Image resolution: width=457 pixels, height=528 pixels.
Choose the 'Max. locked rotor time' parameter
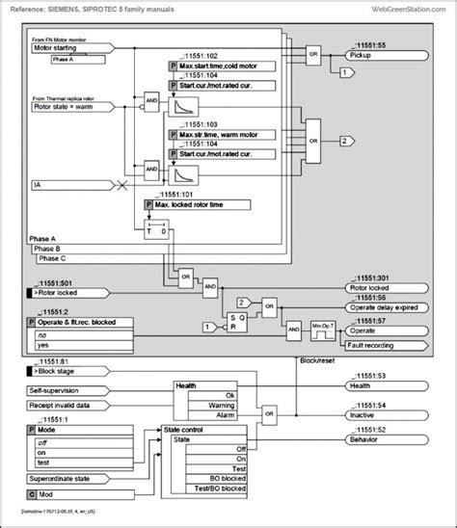click(x=198, y=205)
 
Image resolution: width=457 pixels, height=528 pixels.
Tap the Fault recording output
click(x=380, y=345)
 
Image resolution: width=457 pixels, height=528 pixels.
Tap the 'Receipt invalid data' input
click(x=67, y=407)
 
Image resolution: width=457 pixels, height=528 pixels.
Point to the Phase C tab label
click(x=52, y=257)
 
